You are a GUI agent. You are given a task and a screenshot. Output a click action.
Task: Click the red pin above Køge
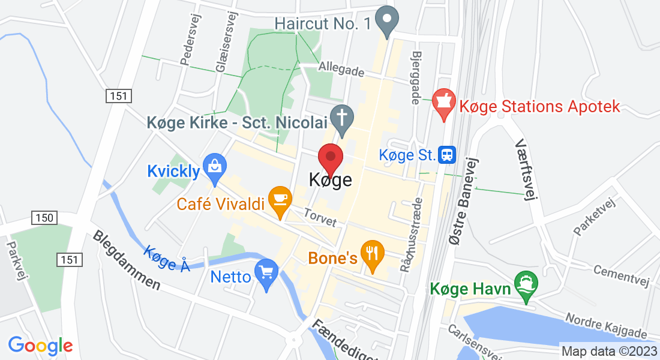pyautogui.click(x=330, y=158)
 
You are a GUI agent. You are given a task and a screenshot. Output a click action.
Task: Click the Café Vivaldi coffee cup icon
pyautogui.click(x=280, y=200)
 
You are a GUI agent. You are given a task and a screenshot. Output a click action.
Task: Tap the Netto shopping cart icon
pyautogui.click(x=266, y=274)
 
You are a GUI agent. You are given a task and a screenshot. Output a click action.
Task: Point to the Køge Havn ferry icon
pyautogui.click(x=526, y=286)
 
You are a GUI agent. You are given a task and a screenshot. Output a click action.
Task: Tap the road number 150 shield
pyautogui.click(x=45, y=218)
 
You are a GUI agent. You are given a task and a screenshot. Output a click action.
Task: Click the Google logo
pyautogui.click(x=40, y=346)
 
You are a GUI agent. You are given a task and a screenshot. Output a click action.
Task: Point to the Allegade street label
pyautogui.click(x=342, y=69)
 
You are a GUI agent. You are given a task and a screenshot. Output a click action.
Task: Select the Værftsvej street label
pyautogui.click(x=524, y=171)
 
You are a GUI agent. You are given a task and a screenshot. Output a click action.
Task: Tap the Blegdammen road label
pyautogui.click(x=127, y=260)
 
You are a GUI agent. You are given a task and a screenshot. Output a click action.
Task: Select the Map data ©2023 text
pyautogui.click(x=608, y=351)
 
